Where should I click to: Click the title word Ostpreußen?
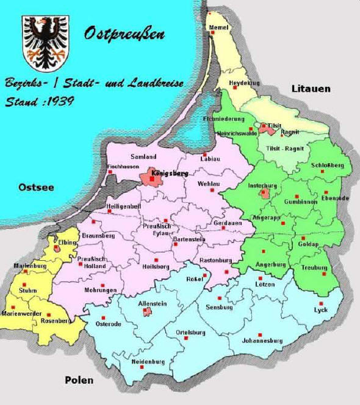pos(123,34)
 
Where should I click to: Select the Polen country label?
pos(79,380)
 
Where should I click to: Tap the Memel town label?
pos(218,28)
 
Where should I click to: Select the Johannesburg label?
pos(261,341)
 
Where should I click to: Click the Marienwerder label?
pos(21,313)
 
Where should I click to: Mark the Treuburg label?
pos(314,267)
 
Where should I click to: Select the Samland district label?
pos(143,156)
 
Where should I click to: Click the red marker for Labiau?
pos(206,153)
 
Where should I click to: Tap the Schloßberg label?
pos(327,166)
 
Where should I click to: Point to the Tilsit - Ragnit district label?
pos(284,148)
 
